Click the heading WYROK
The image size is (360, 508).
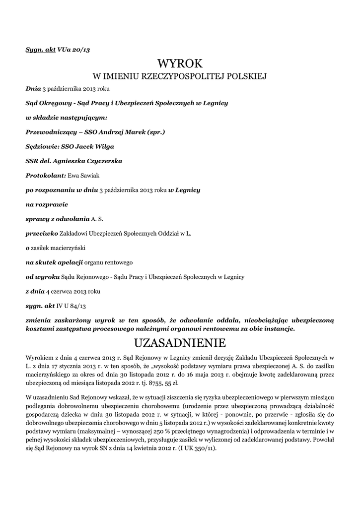click(180, 63)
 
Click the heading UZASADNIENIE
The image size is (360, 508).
click(180, 343)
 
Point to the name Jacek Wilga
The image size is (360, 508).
click(98, 147)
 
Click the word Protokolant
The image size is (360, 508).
click(45, 176)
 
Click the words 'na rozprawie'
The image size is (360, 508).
click(47, 204)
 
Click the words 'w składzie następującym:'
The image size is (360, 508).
click(66, 118)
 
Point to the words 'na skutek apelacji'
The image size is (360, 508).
click(54, 262)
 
